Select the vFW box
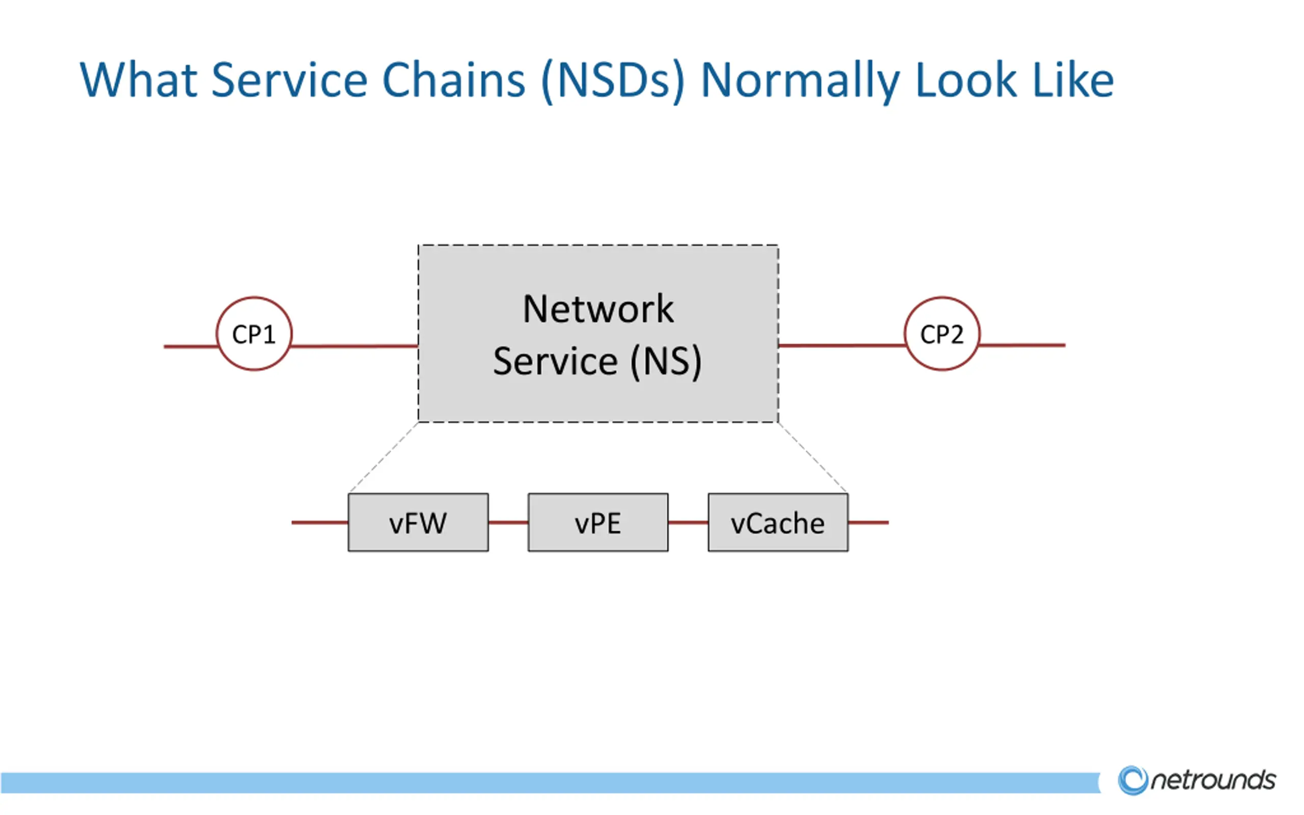click(418, 522)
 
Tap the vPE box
click(598, 522)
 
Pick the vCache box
click(778, 522)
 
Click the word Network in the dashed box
click(598, 309)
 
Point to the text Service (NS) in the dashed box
click(597, 361)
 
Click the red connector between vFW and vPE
click(508, 522)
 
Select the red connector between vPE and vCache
click(688, 522)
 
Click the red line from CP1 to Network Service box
click(355, 346)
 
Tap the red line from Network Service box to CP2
click(841, 345)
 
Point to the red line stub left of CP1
click(191, 346)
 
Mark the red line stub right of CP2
click(1022, 345)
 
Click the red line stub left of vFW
click(320, 522)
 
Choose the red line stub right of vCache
click(868, 522)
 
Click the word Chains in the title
click(454, 80)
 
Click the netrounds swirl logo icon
click(1133, 780)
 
